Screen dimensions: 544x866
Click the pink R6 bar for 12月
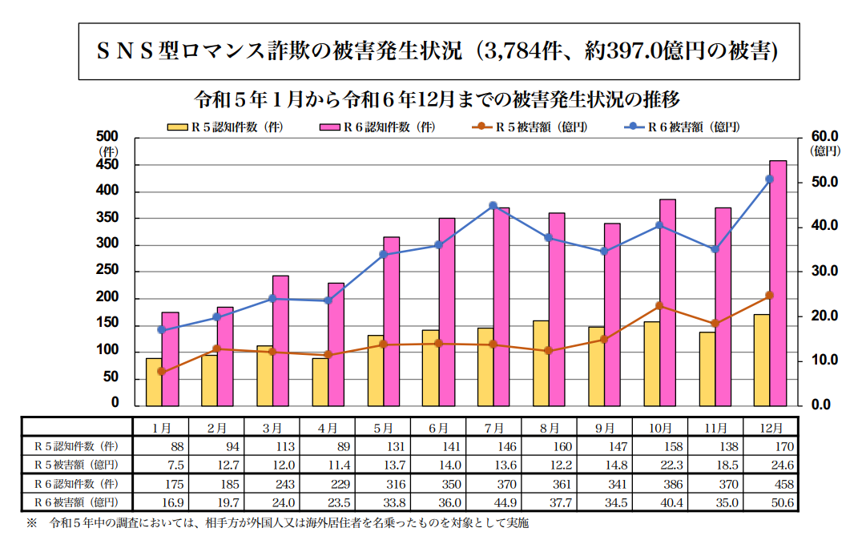point(778,282)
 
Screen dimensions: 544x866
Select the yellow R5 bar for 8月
point(540,362)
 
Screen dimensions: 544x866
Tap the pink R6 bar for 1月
point(170,357)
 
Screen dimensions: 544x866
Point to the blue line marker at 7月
point(493,206)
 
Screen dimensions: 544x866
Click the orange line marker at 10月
point(659,306)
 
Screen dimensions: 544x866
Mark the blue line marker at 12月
point(770,179)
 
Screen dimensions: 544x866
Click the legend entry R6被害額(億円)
point(695,127)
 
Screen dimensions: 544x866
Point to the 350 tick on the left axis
point(109,218)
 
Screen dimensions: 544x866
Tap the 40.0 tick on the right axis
point(823,226)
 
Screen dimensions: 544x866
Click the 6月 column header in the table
point(438,428)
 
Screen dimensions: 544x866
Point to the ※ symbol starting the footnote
point(31,523)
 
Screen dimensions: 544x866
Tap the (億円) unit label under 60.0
point(824,150)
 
